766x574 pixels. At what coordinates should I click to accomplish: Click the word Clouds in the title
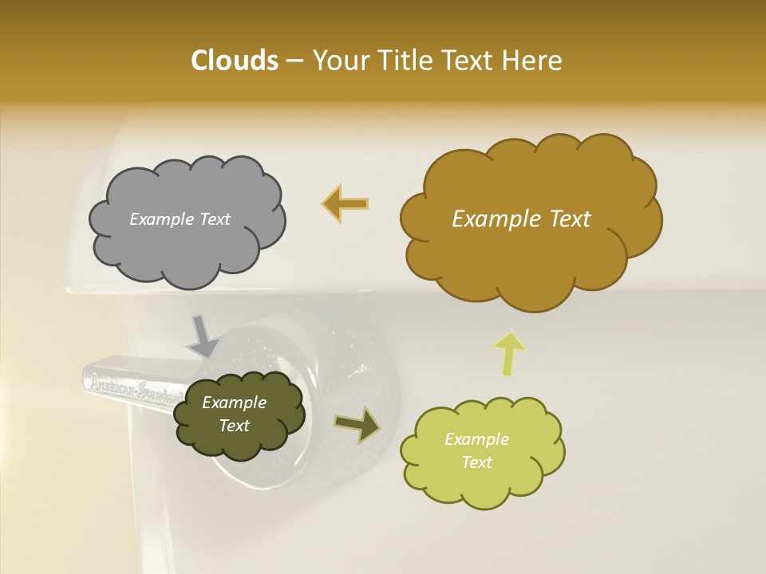234,61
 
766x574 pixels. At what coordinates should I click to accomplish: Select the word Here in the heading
533,61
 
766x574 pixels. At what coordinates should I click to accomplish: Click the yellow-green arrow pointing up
509,353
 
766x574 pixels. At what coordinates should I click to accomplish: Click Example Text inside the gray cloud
180,219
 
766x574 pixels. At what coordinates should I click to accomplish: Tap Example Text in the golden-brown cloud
521,219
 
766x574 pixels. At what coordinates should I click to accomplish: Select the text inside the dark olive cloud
234,414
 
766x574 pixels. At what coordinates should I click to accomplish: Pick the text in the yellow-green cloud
476,450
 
